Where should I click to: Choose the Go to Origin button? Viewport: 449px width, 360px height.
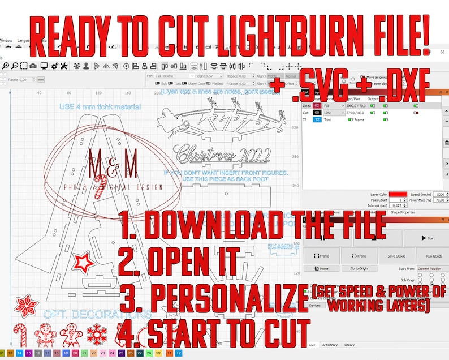tap(359, 268)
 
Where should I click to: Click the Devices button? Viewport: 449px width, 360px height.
tap(315, 305)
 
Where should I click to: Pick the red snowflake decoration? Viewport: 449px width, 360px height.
tap(96, 332)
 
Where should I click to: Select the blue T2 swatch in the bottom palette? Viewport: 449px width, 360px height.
tap(179, 353)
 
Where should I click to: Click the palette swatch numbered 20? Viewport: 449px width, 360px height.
tap(75, 353)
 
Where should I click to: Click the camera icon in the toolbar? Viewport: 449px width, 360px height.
tap(34, 66)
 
